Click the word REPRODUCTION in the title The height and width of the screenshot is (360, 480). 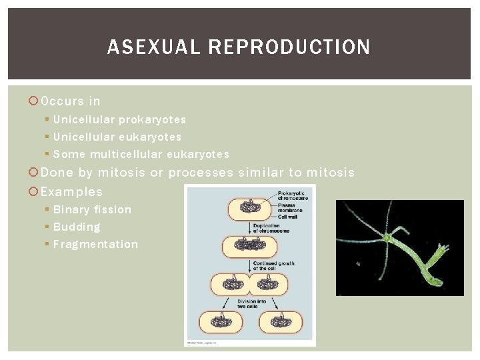click(289, 47)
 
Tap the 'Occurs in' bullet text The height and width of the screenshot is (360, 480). click(71, 101)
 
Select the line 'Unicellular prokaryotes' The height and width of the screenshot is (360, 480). click(119, 119)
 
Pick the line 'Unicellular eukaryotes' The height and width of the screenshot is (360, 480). click(117, 137)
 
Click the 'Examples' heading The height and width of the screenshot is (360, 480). click(72, 191)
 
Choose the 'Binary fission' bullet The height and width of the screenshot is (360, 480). click(92, 209)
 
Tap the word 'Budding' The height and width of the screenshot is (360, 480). click(77, 227)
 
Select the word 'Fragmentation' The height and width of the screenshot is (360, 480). click(95, 244)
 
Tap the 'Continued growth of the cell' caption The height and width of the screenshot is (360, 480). click(273, 266)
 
